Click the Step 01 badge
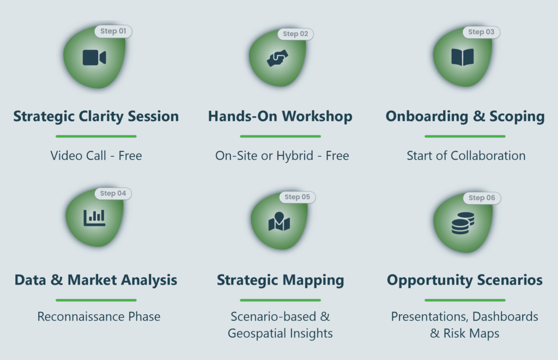113,31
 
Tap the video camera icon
94,58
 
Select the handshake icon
277,58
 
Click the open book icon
463,57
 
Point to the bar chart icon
94,218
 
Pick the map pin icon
280,221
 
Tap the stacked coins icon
463,223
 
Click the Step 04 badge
113,193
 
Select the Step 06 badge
482,198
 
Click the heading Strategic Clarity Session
96,117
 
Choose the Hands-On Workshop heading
280,117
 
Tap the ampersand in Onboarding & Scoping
479,117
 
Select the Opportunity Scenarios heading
465,280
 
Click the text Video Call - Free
96,156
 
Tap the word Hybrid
295,156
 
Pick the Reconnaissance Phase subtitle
99,316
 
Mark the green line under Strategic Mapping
281,300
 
